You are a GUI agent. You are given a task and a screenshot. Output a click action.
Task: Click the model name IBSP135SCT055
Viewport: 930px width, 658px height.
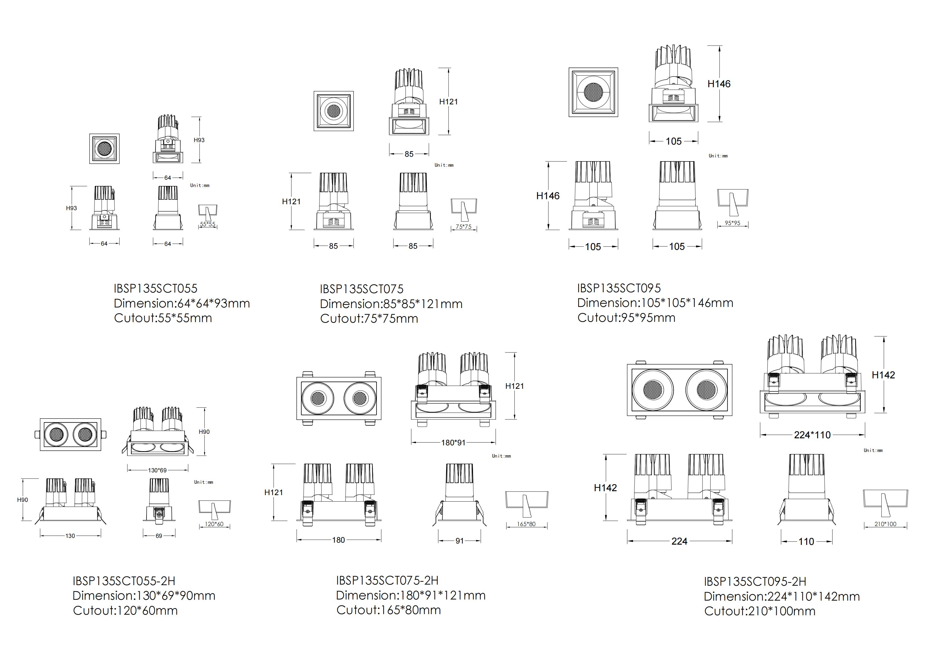(155, 288)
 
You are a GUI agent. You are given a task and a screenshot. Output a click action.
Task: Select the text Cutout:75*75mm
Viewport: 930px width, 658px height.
(369, 318)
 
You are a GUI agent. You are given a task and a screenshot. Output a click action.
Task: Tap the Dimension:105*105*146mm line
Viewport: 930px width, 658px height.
(655, 303)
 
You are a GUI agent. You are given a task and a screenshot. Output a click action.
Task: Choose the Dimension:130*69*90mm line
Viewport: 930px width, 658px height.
(144, 596)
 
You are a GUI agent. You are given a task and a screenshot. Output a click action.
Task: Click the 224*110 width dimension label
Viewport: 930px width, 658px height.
(812, 435)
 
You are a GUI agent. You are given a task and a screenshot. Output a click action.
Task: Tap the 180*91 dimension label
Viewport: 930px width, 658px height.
(453, 443)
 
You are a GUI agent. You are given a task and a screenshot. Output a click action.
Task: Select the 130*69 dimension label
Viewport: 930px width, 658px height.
(157, 470)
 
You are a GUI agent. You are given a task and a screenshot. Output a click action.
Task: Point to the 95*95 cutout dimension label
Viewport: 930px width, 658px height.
(732, 223)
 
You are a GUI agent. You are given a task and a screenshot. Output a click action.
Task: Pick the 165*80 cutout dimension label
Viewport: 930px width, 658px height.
(526, 524)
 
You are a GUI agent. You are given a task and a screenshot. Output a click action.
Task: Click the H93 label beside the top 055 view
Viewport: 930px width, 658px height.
(199, 140)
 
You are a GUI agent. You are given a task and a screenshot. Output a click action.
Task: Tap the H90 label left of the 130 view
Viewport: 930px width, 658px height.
(23, 500)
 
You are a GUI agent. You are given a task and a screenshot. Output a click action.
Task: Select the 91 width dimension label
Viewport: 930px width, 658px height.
(459, 540)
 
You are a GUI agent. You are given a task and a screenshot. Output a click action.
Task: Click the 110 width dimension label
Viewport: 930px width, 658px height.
(806, 541)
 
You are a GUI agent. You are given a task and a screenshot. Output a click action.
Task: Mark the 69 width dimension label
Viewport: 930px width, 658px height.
(159, 536)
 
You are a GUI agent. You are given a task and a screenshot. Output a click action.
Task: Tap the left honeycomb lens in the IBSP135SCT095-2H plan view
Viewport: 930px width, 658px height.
(652, 390)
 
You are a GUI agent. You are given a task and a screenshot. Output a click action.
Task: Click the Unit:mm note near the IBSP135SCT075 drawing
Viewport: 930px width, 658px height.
(444, 165)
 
